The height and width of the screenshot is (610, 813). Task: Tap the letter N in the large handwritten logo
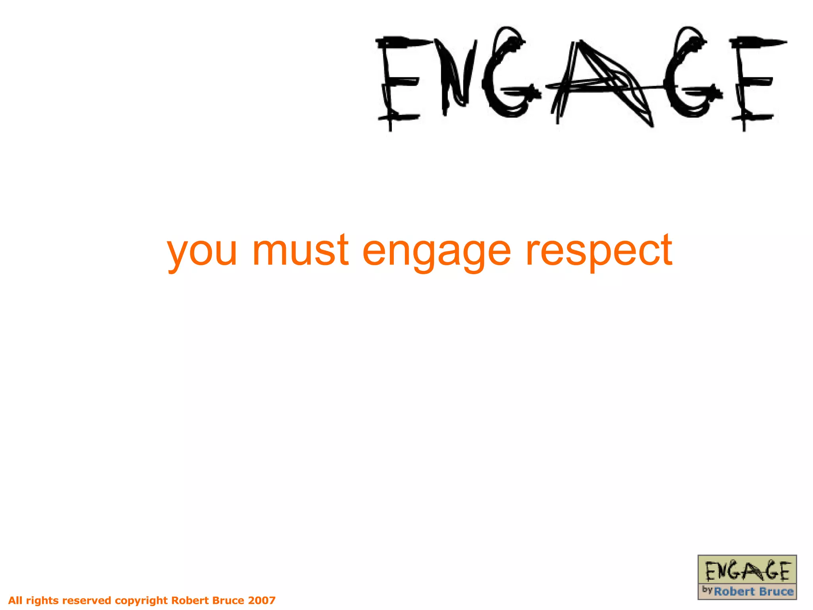457,77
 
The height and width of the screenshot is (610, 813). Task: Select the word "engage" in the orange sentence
437,252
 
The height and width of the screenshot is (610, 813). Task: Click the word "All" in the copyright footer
15,600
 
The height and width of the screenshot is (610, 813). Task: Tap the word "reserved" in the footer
87,600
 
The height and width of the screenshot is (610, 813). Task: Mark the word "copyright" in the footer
141,600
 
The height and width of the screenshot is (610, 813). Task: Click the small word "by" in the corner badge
707,590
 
